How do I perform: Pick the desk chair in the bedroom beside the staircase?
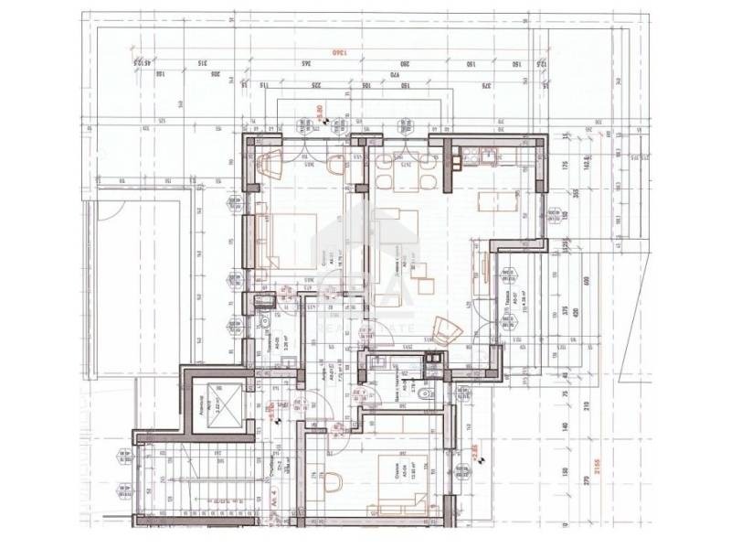point(331,481)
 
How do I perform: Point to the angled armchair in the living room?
point(445,327)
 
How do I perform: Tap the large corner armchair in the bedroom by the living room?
point(272,167)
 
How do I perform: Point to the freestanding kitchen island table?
point(490,201)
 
